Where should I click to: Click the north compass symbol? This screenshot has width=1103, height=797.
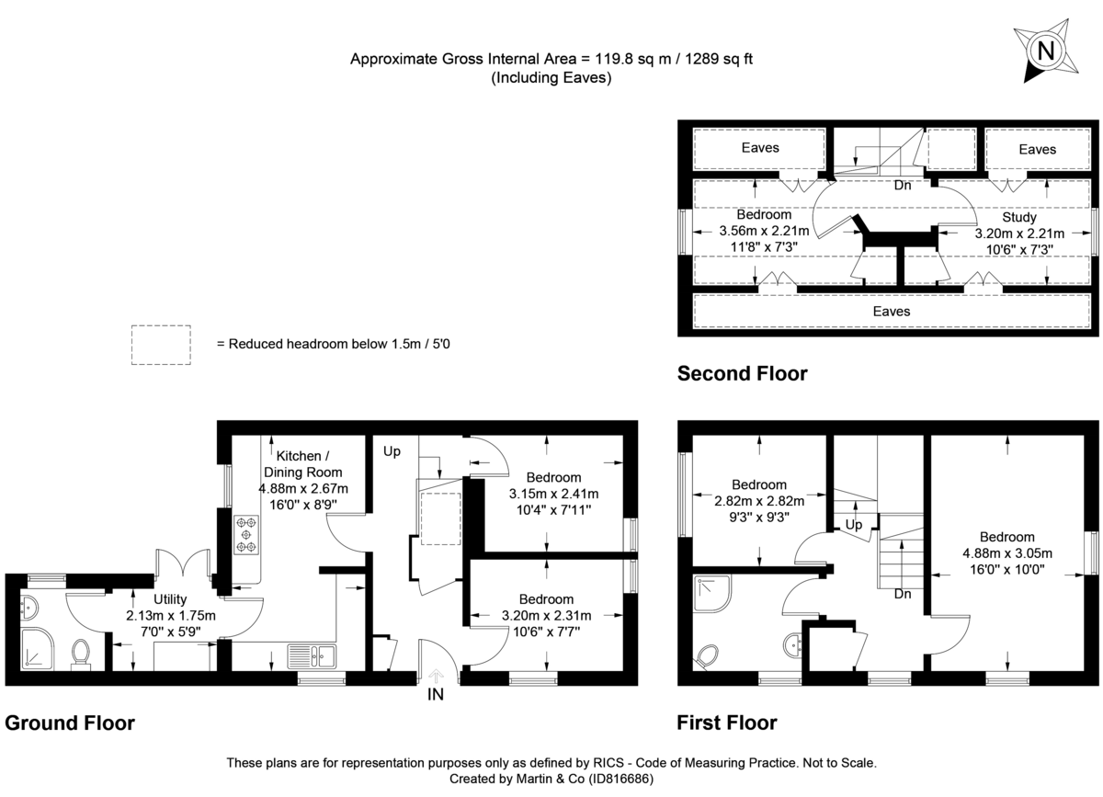coord(1044,51)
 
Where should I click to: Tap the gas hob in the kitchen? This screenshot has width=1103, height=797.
coord(246,535)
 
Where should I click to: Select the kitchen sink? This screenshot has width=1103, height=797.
coord(313,656)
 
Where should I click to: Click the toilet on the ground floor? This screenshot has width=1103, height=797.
coord(81,654)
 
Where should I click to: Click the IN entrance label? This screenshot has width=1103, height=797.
coord(435,695)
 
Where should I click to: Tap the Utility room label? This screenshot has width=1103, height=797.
coord(170,599)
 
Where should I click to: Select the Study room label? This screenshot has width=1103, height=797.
coord(1019,218)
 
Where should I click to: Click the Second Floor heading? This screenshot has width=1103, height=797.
coord(742,373)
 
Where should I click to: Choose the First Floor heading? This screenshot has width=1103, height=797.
coord(726,723)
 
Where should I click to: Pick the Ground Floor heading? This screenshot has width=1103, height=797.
coord(70,723)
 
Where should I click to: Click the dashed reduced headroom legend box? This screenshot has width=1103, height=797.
coord(161,345)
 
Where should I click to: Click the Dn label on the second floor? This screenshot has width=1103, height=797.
coord(903,185)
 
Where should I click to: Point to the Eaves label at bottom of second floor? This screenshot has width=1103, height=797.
coord(891,312)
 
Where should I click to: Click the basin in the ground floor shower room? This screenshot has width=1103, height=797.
coord(28,607)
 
